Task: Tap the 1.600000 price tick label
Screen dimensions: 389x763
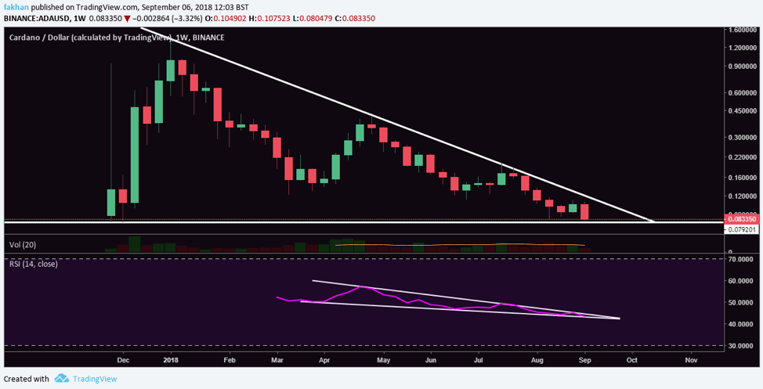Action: point(743,30)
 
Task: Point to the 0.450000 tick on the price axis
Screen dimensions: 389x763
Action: point(743,110)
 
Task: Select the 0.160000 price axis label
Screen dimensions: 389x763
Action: point(743,177)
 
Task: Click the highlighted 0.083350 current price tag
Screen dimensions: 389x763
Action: point(743,220)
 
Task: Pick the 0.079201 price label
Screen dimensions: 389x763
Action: point(743,230)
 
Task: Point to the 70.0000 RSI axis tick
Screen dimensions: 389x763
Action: point(741,258)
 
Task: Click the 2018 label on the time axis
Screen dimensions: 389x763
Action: point(171,361)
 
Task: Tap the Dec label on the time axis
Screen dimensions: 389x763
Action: point(123,361)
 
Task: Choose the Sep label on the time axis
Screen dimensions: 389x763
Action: point(584,361)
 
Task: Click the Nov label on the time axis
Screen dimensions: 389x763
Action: point(691,361)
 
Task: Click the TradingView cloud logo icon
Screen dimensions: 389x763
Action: point(62,379)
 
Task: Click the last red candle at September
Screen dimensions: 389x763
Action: point(584,211)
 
